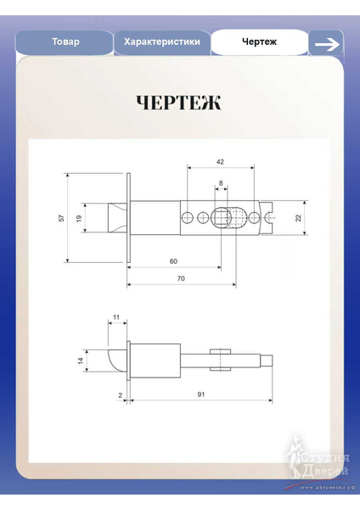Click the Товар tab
65,42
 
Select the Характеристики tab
162,42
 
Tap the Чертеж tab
259,42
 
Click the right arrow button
325,43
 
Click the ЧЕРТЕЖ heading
179,103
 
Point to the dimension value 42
220,161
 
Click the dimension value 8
221,183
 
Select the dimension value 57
61,218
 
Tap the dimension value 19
79,218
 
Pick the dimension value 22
298,218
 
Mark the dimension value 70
181,278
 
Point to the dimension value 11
116,318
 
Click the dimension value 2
121,395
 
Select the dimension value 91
200,395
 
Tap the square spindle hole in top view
222,217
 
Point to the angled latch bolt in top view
115,217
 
